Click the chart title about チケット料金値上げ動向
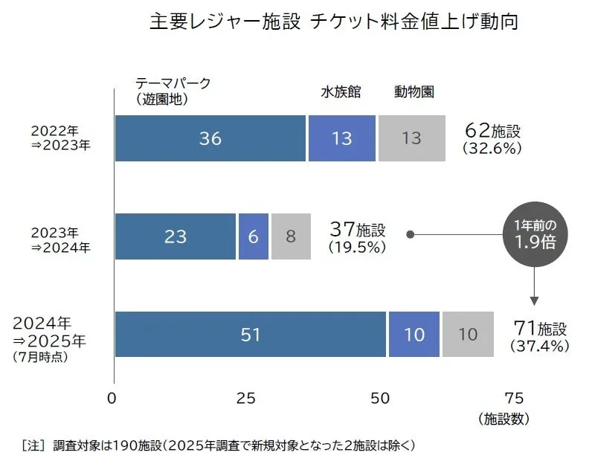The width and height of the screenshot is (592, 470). pyautogui.click(x=333, y=22)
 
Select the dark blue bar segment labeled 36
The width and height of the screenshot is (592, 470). pyautogui.click(x=210, y=138)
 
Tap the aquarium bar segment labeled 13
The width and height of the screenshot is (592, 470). pyautogui.click(x=341, y=138)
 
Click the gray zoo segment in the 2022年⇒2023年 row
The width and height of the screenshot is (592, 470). pyautogui.click(x=411, y=138)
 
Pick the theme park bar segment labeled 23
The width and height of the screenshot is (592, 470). pyautogui.click(x=176, y=236)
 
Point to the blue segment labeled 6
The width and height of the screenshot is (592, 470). pyautogui.click(x=253, y=236)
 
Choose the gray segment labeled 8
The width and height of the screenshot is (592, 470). pyautogui.click(x=291, y=236)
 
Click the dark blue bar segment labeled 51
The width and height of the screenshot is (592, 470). pyautogui.click(x=251, y=335)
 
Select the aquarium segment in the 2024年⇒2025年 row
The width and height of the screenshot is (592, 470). pyautogui.click(x=414, y=335)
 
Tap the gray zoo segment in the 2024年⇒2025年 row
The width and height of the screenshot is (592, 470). pyautogui.click(x=468, y=335)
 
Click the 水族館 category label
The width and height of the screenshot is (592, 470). pyautogui.click(x=341, y=92)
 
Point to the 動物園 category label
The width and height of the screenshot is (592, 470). pyautogui.click(x=414, y=92)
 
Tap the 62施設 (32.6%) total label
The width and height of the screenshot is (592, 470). pyautogui.click(x=492, y=138)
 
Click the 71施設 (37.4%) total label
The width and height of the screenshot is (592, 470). pyautogui.click(x=540, y=335)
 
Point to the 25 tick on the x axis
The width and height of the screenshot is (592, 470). pyautogui.click(x=246, y=398)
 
